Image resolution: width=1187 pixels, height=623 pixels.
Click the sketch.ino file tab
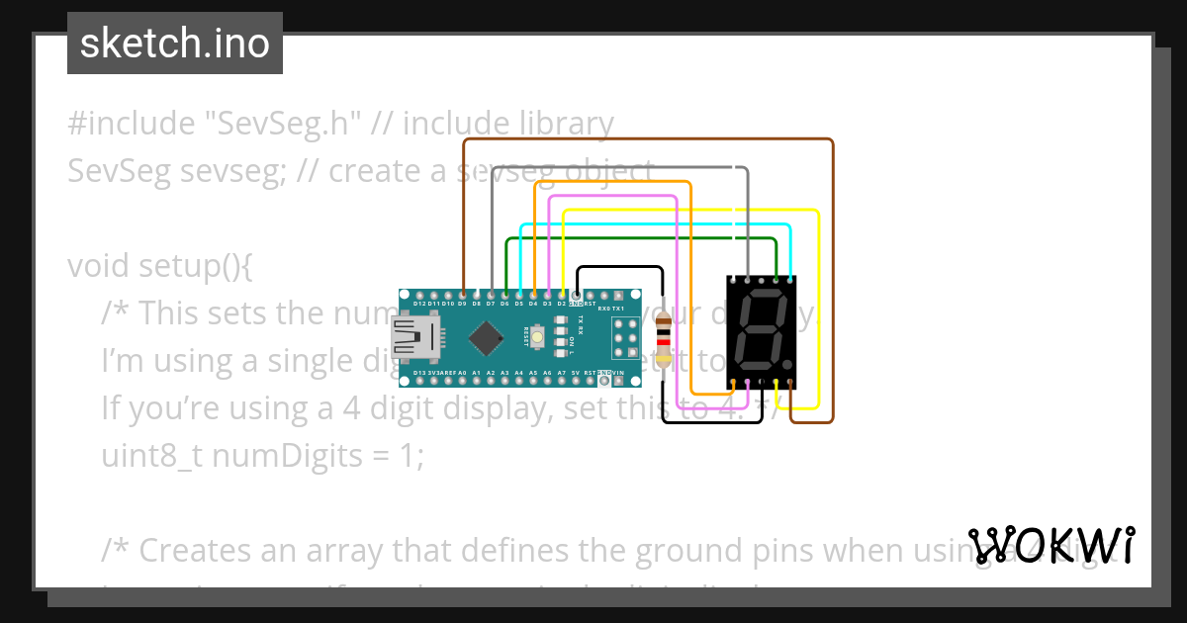tap(175, 44)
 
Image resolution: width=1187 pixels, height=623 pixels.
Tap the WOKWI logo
tap(1051, 545)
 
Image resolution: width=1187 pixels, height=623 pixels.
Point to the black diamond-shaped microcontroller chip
tap(486, 338)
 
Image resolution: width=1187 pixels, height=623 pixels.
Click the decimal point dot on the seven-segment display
tap(787, 363)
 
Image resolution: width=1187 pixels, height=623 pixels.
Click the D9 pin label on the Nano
tap(462, 304)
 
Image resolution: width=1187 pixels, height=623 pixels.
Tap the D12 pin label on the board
tap(419, 304)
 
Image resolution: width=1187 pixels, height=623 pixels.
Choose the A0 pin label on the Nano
tap(462, 373)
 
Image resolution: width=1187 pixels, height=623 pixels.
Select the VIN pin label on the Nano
tap(618, 373)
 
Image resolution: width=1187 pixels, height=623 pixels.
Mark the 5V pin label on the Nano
tap(576, 373)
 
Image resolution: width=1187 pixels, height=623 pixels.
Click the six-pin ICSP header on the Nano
tap(625, 338)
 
